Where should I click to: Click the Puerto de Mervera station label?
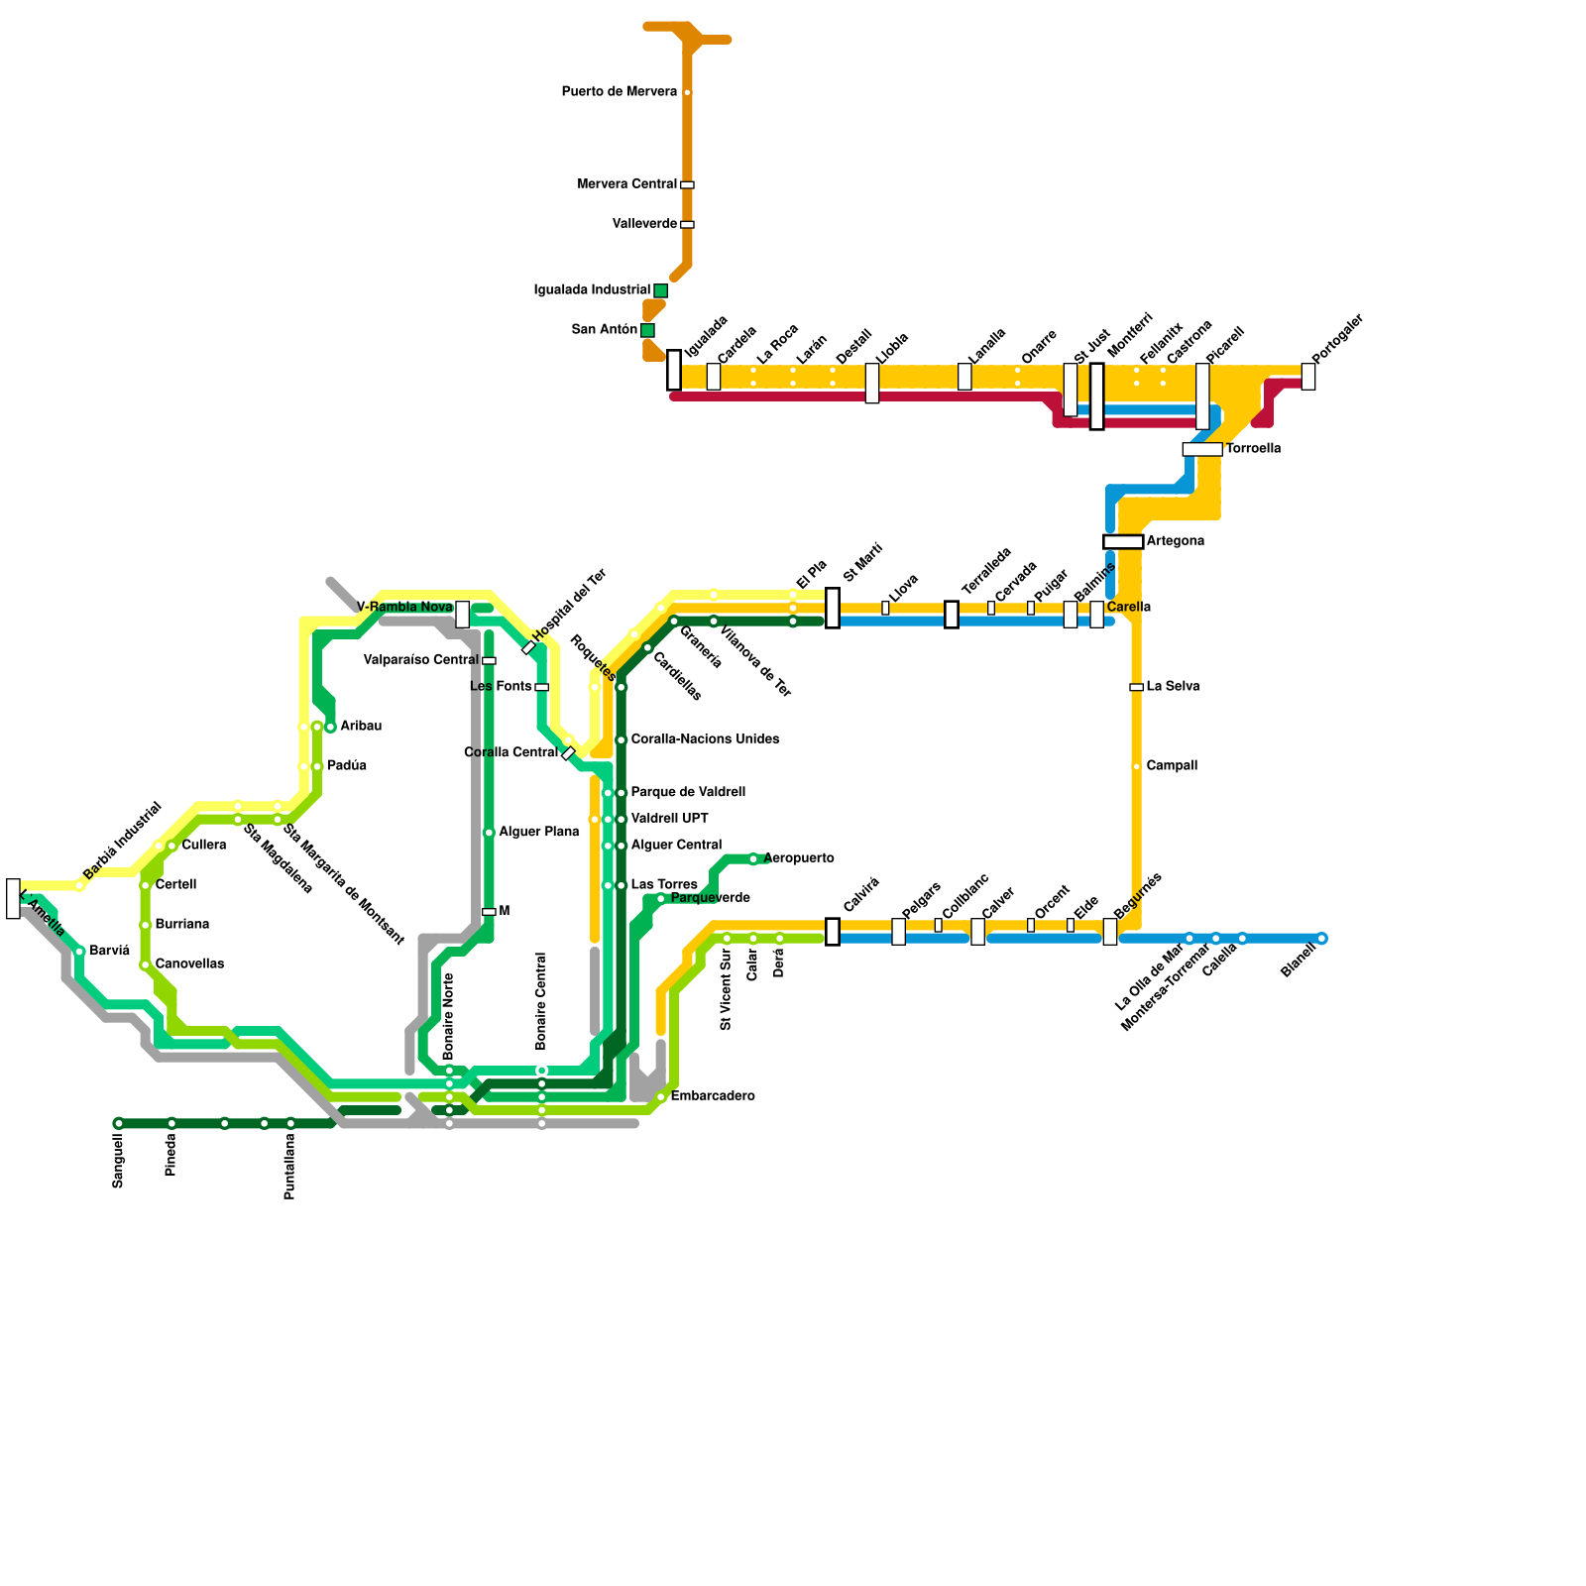(x=619, y=92)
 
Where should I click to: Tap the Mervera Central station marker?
(x=687, y=184)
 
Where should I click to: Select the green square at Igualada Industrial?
(x=660, y=290)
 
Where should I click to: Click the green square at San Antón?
(x=647, y=330)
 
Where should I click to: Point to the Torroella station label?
(x=1253, y=449)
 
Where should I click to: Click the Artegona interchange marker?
(x=1123, y=541)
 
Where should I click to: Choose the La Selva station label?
(x=1173, y=687)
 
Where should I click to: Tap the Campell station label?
(x=1172, y=766)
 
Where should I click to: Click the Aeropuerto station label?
(x=799, y=858)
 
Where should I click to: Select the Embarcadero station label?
(x=713, y=1096)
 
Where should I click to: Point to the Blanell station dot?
(x=1321, y=939)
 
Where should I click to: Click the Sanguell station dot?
(x=119, y=1123)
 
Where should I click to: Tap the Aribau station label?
(x=361, y=727)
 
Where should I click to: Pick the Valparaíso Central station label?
(x=420, y=660)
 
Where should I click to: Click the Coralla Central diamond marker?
(x=568, y=753)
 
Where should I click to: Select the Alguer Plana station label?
(x=538, y=833)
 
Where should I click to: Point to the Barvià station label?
(x=109, y=952)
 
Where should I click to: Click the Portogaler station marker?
(x=1308, y=377)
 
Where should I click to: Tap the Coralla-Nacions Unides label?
(x=705, y=739)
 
